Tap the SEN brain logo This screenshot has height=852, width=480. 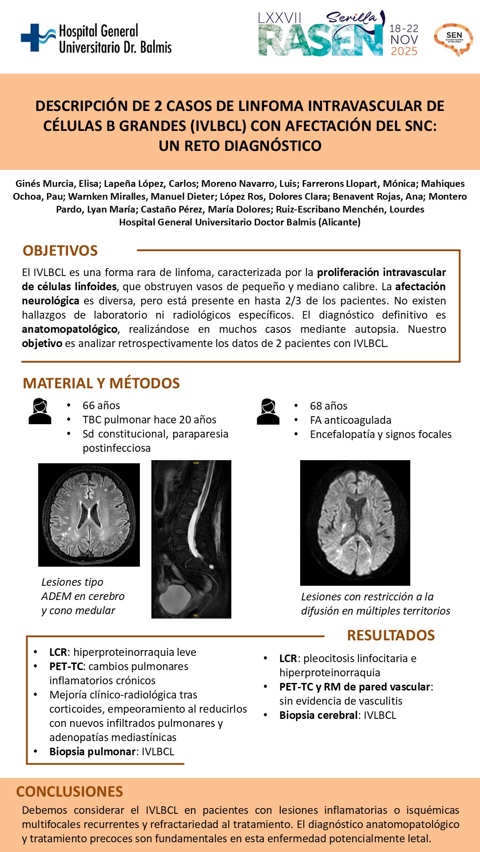(453, 39)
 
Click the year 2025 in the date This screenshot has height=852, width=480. (404, 51)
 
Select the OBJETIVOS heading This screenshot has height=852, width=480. (60, 251)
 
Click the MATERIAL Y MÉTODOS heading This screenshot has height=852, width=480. (101, 383)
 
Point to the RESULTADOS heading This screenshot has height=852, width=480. (391, 635)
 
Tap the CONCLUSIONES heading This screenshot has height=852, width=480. (70, 792)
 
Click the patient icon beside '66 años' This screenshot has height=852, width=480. (40, 411)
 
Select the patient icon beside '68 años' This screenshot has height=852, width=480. (268, 412)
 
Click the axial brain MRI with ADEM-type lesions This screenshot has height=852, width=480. (89, 515)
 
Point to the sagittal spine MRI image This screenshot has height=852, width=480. (191, 539)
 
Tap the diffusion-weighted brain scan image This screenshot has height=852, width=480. (355, 523)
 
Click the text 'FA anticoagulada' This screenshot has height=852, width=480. (350, 420)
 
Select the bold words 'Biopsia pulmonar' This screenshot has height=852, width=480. (92, 752)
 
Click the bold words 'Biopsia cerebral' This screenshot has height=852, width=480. (318, 715)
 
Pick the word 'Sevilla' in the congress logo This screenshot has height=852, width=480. (352, 18)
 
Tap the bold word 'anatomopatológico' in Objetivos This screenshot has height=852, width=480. (70, 329)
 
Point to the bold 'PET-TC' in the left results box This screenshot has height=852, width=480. (66, 667)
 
